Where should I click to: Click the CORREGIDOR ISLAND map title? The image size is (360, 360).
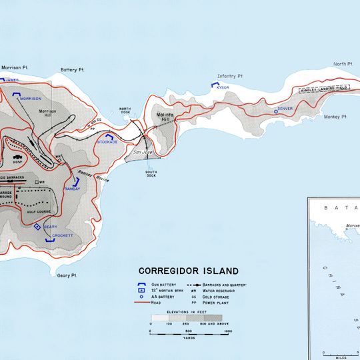click(188, 271)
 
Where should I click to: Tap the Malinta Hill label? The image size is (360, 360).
click(167, 117)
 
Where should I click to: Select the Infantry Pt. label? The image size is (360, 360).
click(231, 77)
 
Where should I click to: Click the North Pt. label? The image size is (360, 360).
click(342, 64)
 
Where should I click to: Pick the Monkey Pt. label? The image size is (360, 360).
click(337, 117)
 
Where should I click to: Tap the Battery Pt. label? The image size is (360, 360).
click(72, 69)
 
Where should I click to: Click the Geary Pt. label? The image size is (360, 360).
click(67, 275)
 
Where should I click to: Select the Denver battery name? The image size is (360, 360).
click(285, 108)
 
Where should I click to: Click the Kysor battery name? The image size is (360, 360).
click(222, 87)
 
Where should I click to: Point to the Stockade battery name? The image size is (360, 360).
click(107, 142)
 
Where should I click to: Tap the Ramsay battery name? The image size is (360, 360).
click(72, 189)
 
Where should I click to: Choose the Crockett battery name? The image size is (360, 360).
click(63, 236)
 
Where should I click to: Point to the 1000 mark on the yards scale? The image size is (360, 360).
click(228, 331)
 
